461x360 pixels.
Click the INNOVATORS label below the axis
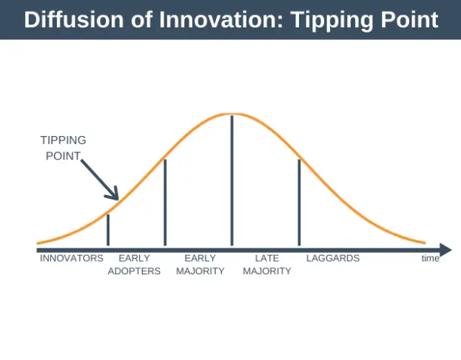tap(72, 259)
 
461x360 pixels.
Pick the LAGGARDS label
tap(332, 259)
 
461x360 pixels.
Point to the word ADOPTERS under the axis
tap(134, 271)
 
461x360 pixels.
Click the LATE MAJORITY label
tap(266, 265)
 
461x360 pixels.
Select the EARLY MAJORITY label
tap(200, 265)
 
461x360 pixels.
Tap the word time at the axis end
tap(430, 259)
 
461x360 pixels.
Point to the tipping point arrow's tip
tap(117, 198)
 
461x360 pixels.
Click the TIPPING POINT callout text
tap(63, 146)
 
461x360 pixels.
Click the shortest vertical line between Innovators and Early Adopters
tap(108, 229)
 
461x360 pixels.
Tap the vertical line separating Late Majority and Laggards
tap(299, 202)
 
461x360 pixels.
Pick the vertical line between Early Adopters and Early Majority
tap(164, 202)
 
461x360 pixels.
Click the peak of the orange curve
tap(232, 114)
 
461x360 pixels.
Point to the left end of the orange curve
tap(38, 242)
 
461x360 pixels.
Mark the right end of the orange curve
tap(425, 242)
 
